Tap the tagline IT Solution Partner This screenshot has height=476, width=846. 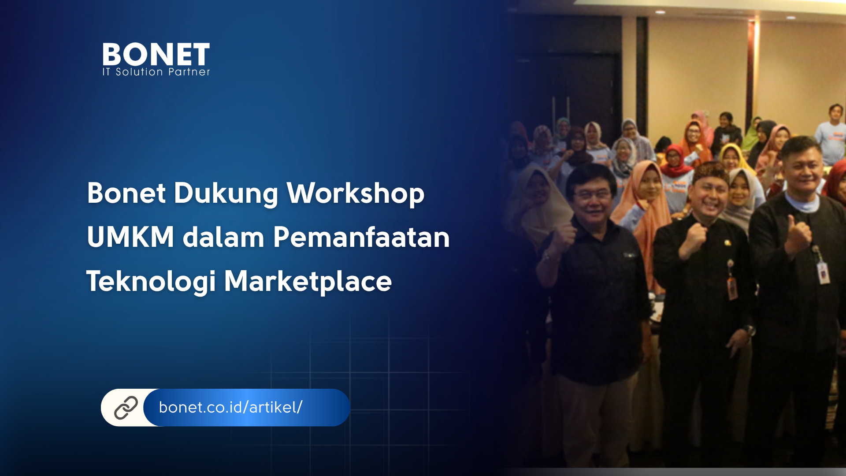click(156, 72)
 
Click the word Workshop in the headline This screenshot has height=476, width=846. click(356, 194)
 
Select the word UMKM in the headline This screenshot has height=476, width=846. click(130, 237)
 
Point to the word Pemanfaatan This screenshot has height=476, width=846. click(361, 237)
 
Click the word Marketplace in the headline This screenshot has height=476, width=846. click(308, 281)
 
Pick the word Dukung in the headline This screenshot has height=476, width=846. click(226, 194)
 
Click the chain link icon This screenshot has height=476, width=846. click(126, 408)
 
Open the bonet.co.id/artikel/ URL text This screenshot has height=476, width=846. click(230, 407)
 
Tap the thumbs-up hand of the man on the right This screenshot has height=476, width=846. click(798, 234)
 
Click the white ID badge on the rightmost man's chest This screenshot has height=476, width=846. click(823, 273)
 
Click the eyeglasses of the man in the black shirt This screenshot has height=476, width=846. click(592, 194)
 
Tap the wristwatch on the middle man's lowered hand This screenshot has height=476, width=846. click(749, 330)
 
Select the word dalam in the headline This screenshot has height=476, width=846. click(223, 237)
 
